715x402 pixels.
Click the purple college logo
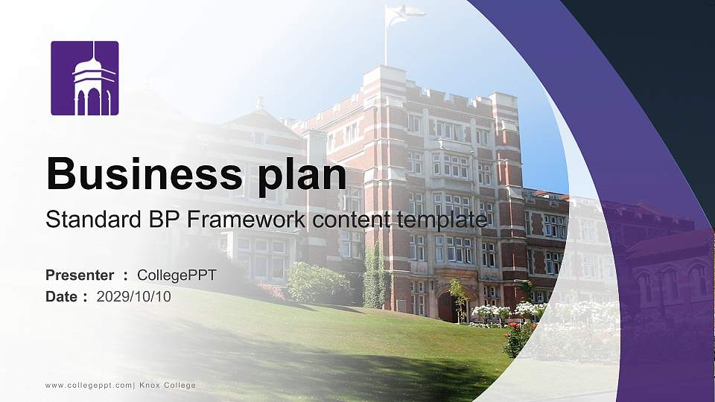(x=84, y=78)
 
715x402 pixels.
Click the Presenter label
(x=80, y=275)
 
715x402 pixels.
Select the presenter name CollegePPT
(x=177, y=275)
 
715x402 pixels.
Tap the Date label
(x=62, y=296)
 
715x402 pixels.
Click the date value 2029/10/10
(x=133, y=296)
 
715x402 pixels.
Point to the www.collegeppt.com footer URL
(x=88, y=385)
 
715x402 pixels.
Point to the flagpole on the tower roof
(x=386, y=41)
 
